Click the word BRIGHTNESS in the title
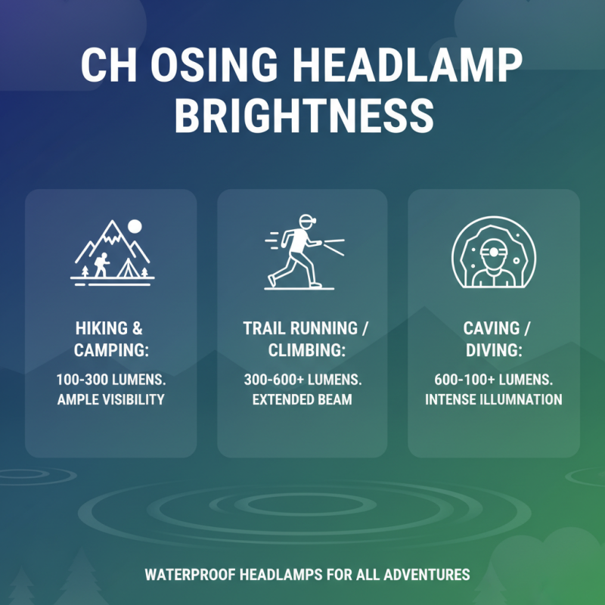tap(302, 116)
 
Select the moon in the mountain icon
tap(135, 225)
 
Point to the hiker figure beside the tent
tap(101, 265)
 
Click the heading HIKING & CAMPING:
tap(110, 339)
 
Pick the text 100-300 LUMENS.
tap(110, 380)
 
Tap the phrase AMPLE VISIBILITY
tap(110, 399)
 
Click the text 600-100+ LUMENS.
tap(493, 380)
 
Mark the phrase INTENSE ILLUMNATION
tap(493, 399)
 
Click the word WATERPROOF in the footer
tap(190, 575)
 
